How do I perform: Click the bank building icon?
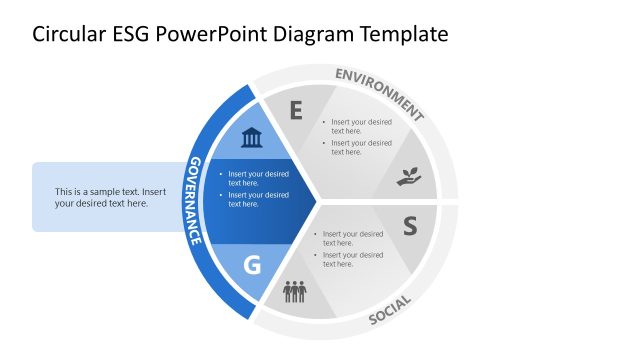(252, 137)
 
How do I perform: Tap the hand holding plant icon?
(409, 178)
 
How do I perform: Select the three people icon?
(294, 292)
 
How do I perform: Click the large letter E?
(295, 111)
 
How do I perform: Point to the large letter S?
(409, 226)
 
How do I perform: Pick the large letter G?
(252, 265)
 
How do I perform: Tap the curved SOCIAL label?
(391, 310)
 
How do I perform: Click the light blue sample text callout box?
(110, 197)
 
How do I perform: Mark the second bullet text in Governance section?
(258, 199)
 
